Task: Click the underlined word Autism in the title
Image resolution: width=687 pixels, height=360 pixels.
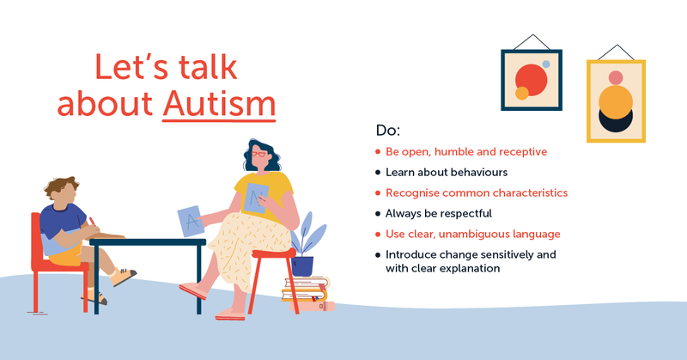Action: click(x=219, y=103)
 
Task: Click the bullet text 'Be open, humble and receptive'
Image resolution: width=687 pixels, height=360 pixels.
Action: click(x=466, y=152)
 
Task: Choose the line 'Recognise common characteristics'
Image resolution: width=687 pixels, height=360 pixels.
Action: click(x=477, y=193)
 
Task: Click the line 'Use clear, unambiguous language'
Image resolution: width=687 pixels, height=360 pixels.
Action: click(x=473, y=234)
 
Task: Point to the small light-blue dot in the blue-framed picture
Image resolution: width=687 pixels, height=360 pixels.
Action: click(x=545, y=64)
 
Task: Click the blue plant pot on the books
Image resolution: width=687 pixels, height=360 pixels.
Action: click(x=302, y=265)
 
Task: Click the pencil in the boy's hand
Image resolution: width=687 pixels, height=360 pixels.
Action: click(x=92, y=223)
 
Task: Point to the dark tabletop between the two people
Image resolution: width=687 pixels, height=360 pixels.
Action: click(x=147, y=242)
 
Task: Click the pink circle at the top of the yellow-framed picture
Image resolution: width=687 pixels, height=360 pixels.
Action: click(x=615, y=78)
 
